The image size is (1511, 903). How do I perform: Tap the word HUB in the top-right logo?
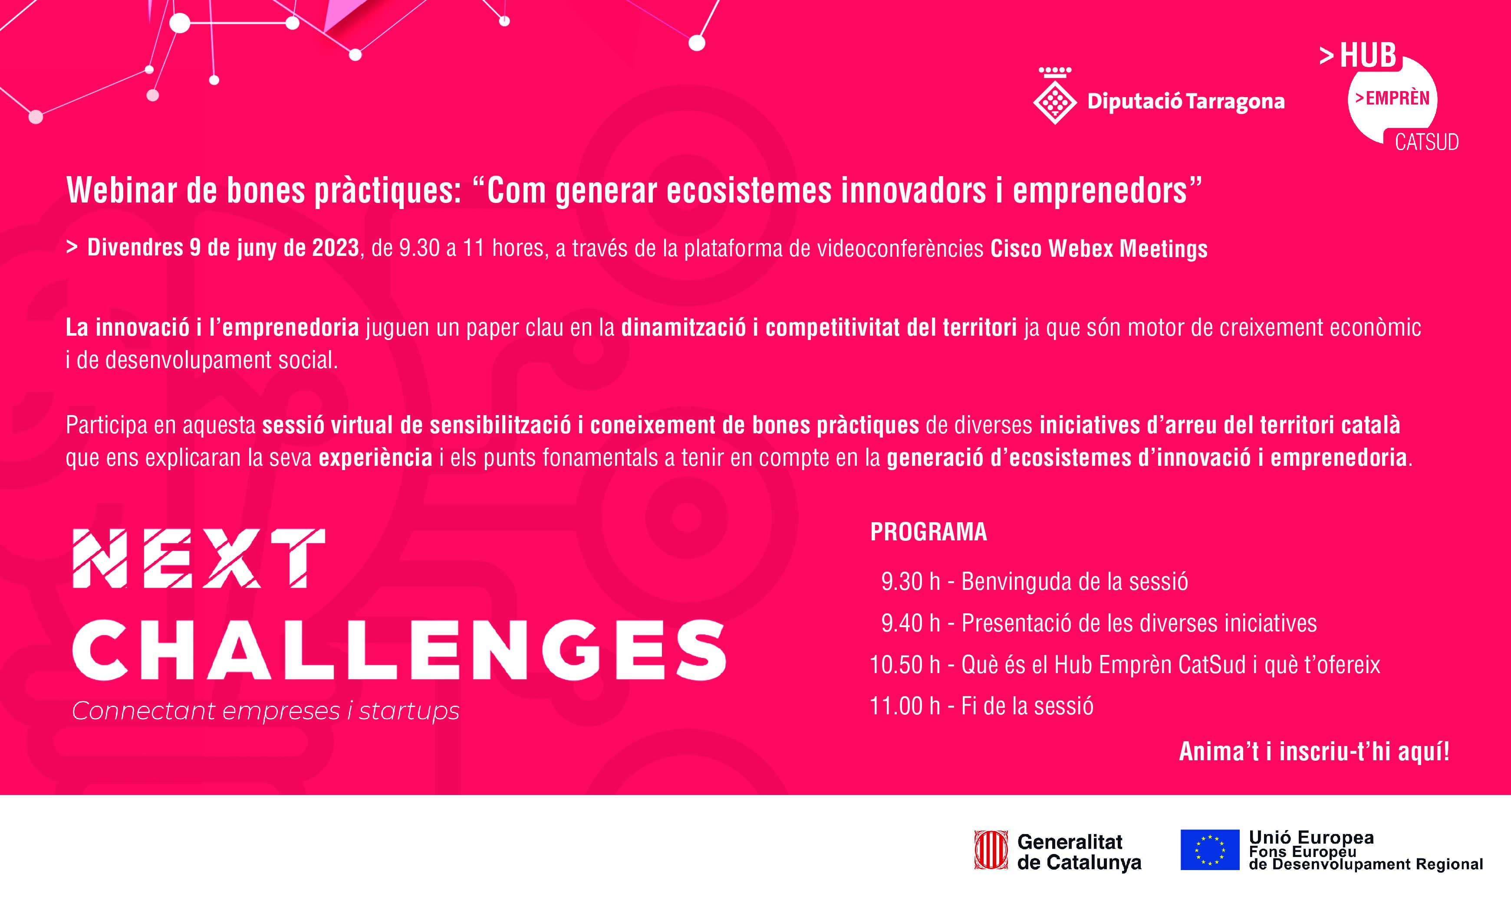point(1368,56)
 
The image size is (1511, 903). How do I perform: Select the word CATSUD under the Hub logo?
point(1426,142)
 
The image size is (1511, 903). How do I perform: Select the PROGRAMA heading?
point(928,532)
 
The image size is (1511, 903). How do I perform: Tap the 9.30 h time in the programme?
point(910,582)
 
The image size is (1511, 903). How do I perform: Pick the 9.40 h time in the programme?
point(910,623)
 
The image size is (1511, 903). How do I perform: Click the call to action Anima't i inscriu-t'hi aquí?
point(1314,752)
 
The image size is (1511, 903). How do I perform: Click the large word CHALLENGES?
point(399,650)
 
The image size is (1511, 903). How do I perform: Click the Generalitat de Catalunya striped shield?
point(991,850)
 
